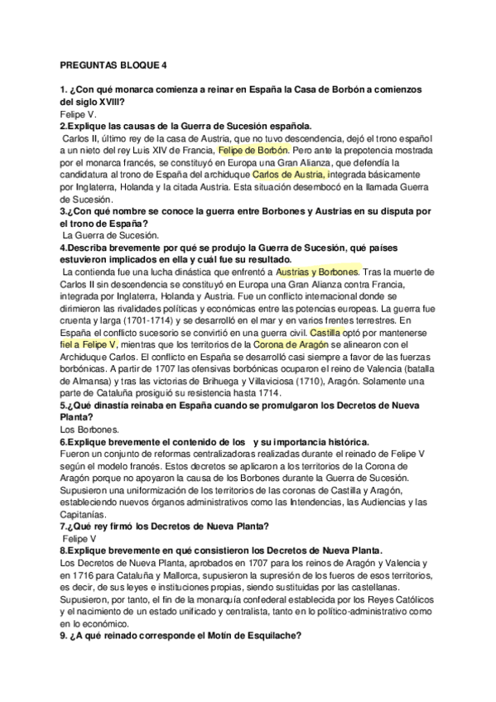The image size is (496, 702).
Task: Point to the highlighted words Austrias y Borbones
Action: (318, 271)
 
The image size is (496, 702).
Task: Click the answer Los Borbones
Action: (89, 429)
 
